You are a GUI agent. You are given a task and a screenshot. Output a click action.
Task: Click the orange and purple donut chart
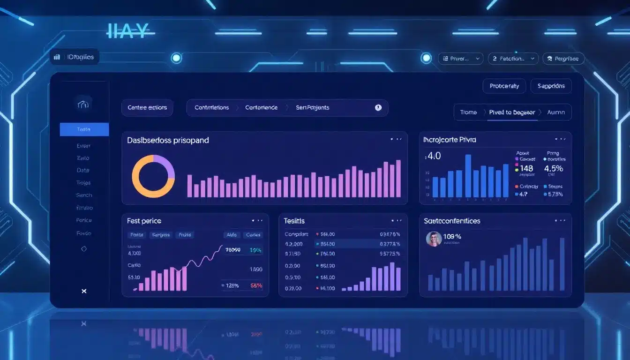click(153, 176)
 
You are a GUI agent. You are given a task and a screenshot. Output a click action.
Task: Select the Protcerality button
click(504, 86)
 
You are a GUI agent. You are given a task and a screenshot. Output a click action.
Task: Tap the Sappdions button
click(551, 86)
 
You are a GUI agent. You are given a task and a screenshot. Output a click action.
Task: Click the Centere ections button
click(147, 107)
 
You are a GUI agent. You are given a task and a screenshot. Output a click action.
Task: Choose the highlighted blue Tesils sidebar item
click(84, 129)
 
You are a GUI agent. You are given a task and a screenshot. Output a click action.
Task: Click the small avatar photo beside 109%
click(434, 239)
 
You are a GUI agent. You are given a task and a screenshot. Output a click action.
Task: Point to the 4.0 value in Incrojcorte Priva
click(433, 156)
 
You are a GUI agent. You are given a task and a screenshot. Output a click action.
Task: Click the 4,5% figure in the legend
click(554, 168)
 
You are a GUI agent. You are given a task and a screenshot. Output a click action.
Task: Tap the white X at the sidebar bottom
click(84, 291)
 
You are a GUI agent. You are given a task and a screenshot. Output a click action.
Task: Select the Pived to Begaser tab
click(511, 112)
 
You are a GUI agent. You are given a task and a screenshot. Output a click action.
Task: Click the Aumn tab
click(556, 112)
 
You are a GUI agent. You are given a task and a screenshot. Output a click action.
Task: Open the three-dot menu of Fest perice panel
click(257, 221)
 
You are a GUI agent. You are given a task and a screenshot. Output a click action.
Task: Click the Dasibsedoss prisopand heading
click(168, 140)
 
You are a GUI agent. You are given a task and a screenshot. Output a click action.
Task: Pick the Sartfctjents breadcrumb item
click(312, 107)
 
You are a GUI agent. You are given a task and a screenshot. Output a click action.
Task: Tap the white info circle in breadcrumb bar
click(378, 107)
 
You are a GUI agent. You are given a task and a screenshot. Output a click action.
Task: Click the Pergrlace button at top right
click(563, 59)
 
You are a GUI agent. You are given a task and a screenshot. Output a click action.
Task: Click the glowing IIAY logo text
click(127, 31)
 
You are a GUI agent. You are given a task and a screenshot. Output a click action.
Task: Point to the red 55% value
click(256, 285)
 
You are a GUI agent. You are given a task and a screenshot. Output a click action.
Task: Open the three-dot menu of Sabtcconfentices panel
click(560, 221)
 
